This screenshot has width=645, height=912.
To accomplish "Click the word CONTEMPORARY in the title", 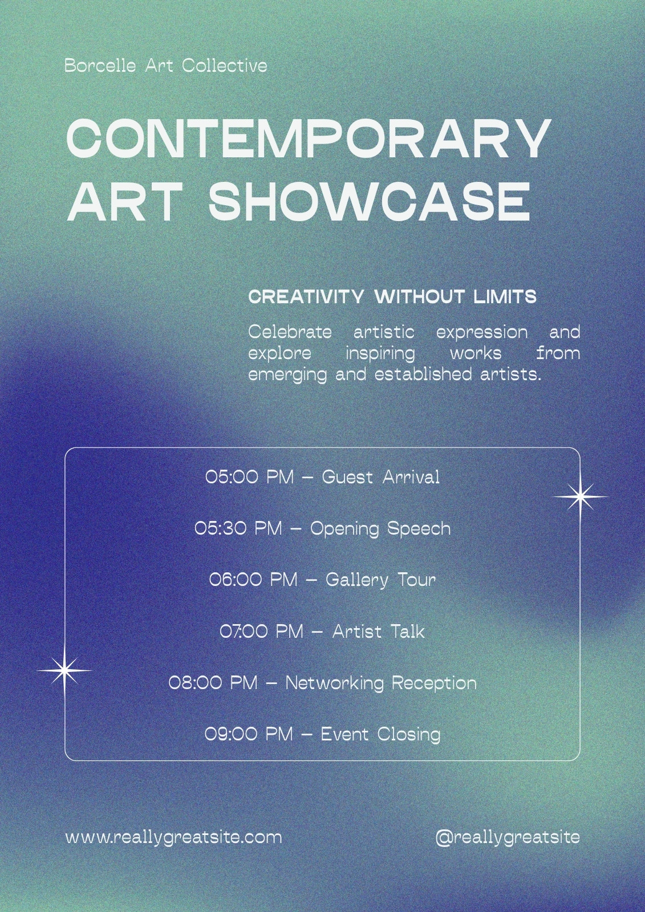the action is tap(309, 139).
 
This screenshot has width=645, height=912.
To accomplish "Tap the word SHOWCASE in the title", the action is tap(370, 201).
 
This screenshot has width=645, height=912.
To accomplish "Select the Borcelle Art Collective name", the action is tap(166, 66).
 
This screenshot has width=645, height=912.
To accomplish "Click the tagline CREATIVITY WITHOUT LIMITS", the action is tap(392, 297).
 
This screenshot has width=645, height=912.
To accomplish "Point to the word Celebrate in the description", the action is tap(290, 332).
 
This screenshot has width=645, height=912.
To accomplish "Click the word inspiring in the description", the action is tap(380, 353).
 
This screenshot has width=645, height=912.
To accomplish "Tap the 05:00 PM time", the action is tap(249, 477).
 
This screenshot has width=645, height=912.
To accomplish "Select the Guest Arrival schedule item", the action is tap(381, 477).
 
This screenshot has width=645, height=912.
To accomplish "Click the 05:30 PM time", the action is tap(238, 528).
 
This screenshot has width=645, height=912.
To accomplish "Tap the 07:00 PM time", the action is tap(262, 632).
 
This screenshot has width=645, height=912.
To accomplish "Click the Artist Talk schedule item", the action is tap(379, 632).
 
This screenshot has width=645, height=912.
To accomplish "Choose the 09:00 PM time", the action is tap(249, 734).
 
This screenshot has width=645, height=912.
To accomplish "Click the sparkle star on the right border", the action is tap(580, 496).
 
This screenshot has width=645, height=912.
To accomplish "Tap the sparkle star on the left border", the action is tap(64, 670).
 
